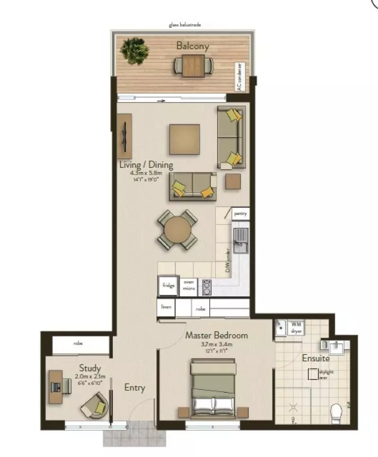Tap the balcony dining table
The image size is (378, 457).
(x=193, y=65)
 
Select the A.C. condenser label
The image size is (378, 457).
(x=240, y=77)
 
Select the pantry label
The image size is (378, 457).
(x=241, y=214)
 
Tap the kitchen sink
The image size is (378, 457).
(x=240, y=240)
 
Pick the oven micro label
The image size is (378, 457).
(x=189, y=285)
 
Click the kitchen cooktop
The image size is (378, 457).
(x=206, y=286)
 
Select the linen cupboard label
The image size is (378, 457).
(x=166, y=307)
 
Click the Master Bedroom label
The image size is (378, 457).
(x=216, y=336)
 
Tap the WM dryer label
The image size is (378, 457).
(x=297, y=328)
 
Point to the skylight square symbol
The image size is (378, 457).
(x=312, y=374)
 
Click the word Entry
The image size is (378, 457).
(x=134, y=388)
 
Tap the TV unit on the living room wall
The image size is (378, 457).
(x=125, y=136)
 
